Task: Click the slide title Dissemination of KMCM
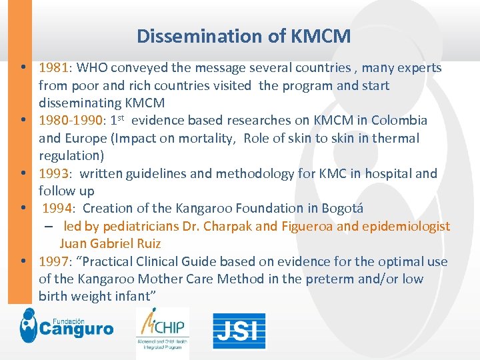click(x=243, y=36)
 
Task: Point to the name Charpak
click(x=227, y=227)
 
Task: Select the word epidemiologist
click(x=406, y=227)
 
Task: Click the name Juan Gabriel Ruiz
click(x=110, y=244)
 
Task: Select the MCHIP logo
click(x=162, y=330)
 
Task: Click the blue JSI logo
click(x=239, y=331)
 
